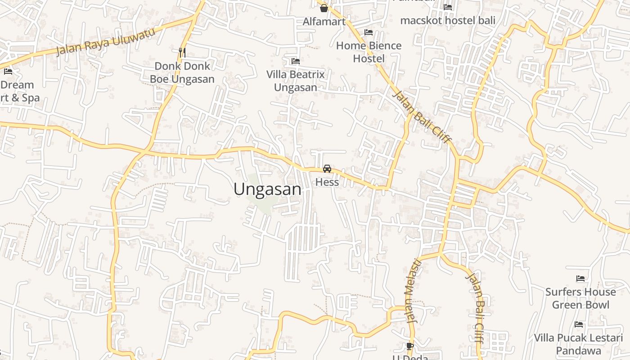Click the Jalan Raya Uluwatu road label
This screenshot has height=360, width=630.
106,41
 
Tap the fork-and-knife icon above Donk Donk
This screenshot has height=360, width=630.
182,52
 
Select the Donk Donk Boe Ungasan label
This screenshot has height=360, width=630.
182,72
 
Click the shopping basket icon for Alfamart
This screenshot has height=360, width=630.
324,8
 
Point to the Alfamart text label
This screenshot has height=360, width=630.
324,21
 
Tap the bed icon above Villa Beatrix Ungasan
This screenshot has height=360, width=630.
296,61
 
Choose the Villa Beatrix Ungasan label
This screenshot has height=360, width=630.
296,81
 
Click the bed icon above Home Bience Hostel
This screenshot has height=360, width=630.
369,32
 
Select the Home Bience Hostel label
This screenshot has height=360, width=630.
369,52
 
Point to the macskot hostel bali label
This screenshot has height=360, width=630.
447,20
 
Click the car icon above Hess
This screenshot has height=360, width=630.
327,169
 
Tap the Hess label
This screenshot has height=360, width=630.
327,182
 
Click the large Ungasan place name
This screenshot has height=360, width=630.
267,189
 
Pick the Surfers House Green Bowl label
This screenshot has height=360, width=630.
580,298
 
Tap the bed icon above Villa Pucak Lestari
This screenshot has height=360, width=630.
579,324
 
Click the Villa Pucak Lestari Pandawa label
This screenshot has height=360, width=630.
578,344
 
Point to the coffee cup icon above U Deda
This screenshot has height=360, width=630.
409,346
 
